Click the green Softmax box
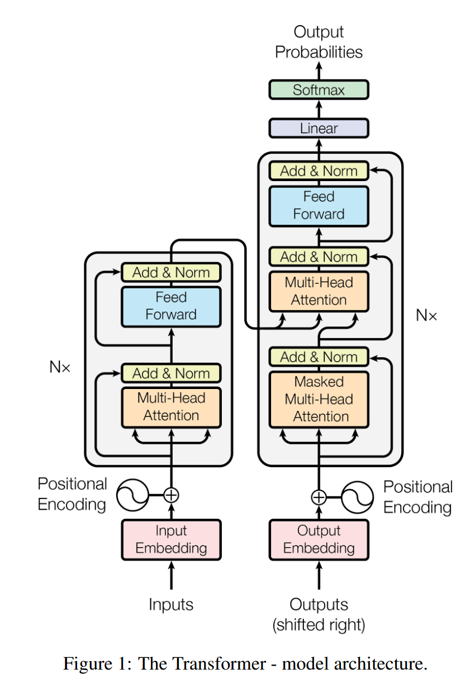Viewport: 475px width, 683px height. pyautogui.click(x=319, y=90)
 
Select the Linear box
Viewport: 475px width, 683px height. pyautogui.click(x=319, y=128)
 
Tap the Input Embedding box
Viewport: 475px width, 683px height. pyautogui.click(x=171, y=539)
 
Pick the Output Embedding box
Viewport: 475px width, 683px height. pyautogui.click(x=319, y=539)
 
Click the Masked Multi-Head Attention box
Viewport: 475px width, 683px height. pyautogui.click(x=319, y=399)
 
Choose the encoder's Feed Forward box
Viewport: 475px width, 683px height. pyautogui.click(x=171, y=306)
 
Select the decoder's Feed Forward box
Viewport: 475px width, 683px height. pyautogui.click(x=319, y=205)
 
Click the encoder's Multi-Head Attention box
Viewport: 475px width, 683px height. pyautogui.click(x=171, y=407)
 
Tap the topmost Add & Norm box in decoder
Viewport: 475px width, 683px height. pyautogui.click(x=319, y=171)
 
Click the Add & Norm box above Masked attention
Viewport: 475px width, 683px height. pyautogui.click(x=319, y=357)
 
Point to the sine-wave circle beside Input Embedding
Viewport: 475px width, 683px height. pyautogui.click(x=132, y=494)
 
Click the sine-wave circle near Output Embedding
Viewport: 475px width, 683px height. pyautogui.click(x=357, y=496)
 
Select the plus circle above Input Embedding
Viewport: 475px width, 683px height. pyautogui.click(x=171, y=495)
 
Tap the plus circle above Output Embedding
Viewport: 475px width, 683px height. pyautogui.click(x=319, y=496)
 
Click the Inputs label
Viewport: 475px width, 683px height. pyautogui.click(x=171, y=604)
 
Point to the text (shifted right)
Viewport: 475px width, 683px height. pyautogui.click(x=319, y=624)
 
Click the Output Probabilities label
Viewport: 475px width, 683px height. pyautogui.click(x=319, y=42)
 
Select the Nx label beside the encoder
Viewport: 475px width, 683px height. pyautogui.click(x=60, y=368)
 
